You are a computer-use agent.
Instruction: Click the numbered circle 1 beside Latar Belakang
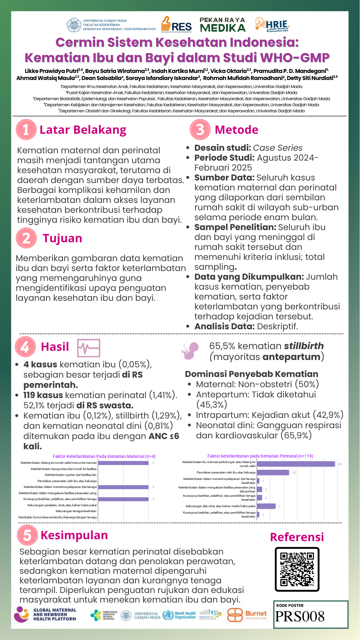point(26,130)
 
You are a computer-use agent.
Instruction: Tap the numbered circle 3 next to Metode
point(200,130)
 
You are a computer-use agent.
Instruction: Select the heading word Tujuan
point(62,238)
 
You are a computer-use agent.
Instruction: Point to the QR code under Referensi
point(297,569)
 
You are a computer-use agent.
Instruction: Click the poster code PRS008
point(300,616)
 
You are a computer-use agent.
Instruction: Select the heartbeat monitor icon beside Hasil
point(89,348)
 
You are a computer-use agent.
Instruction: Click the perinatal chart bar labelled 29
point(296,464)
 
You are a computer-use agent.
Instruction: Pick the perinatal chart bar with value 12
point(273,473)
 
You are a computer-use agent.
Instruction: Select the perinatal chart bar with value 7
point(266,506)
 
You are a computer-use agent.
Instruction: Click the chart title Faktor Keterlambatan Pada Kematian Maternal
point(104,456)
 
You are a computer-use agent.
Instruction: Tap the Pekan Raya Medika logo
point(222,25)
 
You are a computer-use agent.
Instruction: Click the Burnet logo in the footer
point(247,615)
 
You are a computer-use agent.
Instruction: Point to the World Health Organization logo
point(179,615)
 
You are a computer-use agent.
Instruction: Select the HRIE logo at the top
point(272,25)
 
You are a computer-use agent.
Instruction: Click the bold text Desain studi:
point(223,148)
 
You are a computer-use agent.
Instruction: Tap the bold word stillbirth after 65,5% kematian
point(304,346)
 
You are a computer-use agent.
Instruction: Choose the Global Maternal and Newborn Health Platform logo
point(45,614)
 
